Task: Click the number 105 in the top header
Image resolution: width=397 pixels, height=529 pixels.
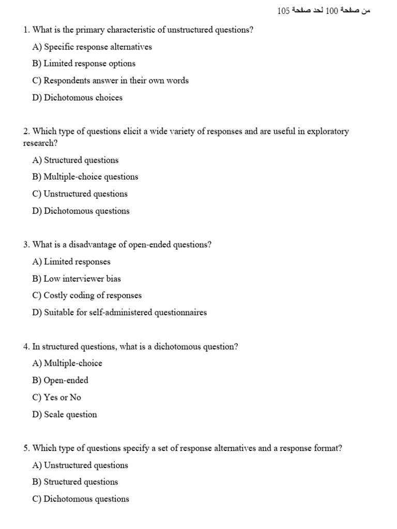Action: tap(283, 11)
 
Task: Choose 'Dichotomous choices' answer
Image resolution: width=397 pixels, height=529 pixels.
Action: tap(78, 98)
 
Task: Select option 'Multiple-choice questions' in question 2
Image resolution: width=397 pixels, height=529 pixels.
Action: tap(85, 177)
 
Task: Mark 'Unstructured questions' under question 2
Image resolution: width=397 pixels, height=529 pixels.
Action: tap(80, 194)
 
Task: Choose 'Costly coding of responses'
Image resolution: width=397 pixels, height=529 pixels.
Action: tap(87, 295)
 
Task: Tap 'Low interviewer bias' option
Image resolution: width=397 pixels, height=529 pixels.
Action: tap(77, 278)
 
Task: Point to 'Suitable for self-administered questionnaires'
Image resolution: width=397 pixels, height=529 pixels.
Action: tap(119, 313)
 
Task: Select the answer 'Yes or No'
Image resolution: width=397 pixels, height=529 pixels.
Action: tap(57, 397)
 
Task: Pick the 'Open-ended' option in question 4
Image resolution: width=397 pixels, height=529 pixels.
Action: tap(60, 380)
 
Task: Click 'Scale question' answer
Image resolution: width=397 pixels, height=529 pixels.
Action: tap(65, 414)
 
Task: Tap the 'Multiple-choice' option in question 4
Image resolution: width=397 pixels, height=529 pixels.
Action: tap(67, 363)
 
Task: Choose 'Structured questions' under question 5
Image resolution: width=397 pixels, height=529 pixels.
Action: tap(75, 482)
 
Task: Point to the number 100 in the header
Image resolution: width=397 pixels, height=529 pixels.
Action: tap(331, 11)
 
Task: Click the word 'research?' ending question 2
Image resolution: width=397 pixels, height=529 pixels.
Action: tap(40, 143)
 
